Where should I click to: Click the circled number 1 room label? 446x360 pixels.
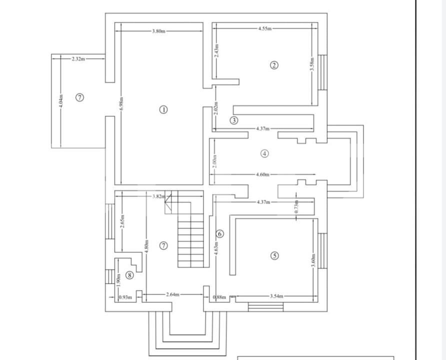point(163,109)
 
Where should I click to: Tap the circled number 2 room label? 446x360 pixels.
point(273,65)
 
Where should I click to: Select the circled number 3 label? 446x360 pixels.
point(233,120)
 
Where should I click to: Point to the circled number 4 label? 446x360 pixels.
point(264,153)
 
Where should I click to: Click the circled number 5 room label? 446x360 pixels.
point(274,255)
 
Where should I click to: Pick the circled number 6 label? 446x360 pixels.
point(219,233)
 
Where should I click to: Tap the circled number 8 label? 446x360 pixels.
point(129,274)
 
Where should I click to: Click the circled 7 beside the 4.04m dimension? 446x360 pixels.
point(79,97)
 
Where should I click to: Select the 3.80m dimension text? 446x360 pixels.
point(158,31)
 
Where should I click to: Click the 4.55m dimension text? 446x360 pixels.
point(265,28)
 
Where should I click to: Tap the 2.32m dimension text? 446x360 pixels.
point(78,58)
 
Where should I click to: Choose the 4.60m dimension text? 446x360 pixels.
point(262,174)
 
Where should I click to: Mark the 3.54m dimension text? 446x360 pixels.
point(276,296)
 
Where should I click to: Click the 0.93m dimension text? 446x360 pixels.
point(125,297)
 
